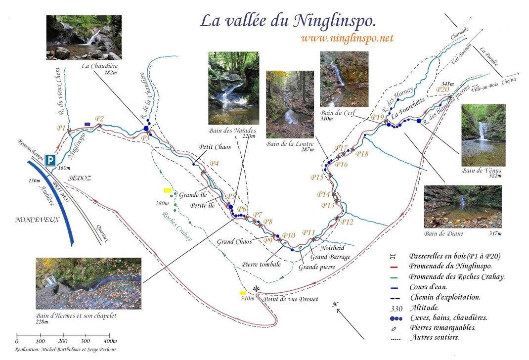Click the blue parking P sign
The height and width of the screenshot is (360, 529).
[50, 160]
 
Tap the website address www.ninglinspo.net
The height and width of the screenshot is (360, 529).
[347, 38]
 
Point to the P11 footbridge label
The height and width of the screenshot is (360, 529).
[309, 232]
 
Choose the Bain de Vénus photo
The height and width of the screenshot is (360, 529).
[483, 135]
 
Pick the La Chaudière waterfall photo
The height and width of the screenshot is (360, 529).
[84, 38]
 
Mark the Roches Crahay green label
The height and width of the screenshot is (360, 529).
[177, 225]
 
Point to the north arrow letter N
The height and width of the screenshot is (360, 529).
[335, 305]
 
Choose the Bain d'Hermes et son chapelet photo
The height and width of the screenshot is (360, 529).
[88, 283]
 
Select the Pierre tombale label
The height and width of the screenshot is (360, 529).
[262, 264]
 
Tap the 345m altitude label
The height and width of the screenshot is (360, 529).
[446, 84]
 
